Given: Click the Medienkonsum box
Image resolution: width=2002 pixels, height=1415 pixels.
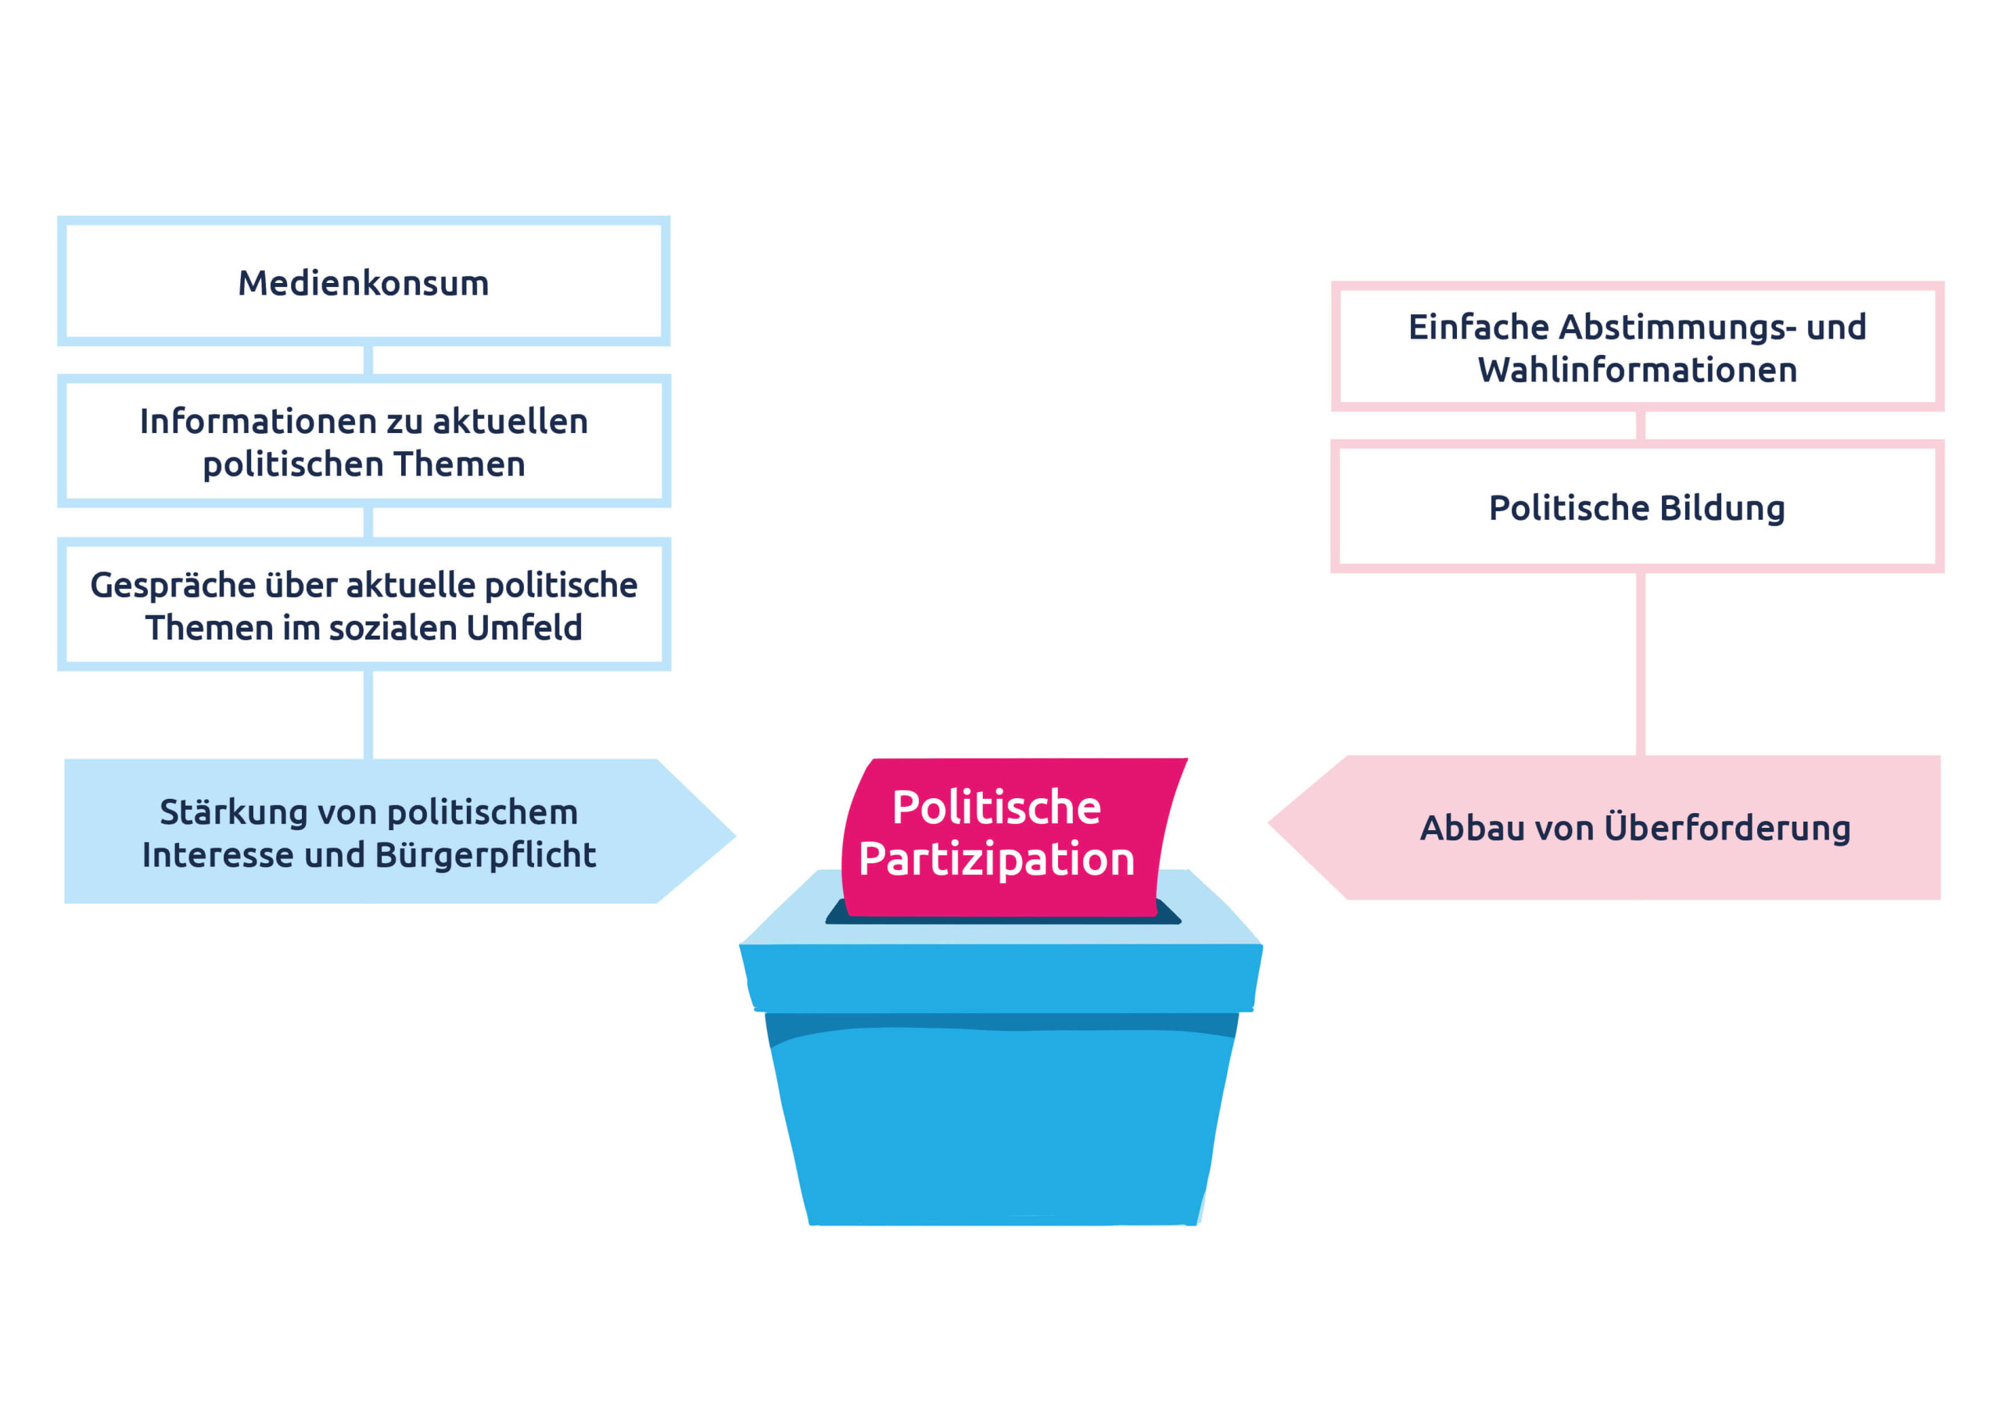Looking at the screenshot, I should click(x=364, y=281).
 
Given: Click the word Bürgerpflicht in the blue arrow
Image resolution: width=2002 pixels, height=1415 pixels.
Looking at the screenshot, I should click(x=485, y=855).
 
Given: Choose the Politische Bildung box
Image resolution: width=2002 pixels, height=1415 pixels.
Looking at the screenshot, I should click(x=1637, y=507).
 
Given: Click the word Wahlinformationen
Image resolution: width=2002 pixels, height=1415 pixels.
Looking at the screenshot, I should click(x=1637, y=371).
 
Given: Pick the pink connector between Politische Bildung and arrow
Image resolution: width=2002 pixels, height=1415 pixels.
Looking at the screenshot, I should click(x=1640, y=663).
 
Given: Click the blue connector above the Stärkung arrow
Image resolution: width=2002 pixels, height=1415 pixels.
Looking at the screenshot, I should click(x=368, y=714).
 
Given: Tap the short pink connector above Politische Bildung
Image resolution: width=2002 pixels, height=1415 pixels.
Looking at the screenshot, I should click(x=1640, y=425).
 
